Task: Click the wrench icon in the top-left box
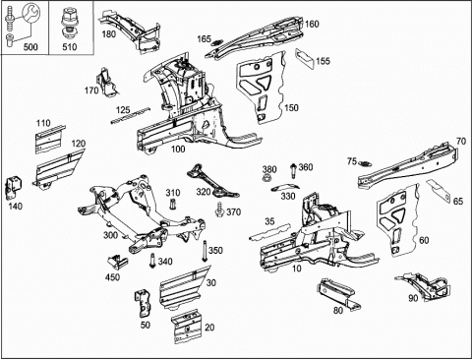coord(30,14)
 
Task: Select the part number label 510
coord(70,47)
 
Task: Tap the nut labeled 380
coord(266,179)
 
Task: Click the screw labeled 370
coord(219,210)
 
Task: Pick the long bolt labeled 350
coord(205,252)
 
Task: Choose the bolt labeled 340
coord(152,261)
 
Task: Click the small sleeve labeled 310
coord(173,204)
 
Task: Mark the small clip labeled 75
coord(364,163)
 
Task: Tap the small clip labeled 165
coord(216,42)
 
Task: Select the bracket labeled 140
coord(13,187)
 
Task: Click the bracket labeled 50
coord(143,303)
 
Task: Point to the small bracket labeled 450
coord(118,262)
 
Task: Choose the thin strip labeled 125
coord(130,115)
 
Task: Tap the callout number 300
coord(111,235)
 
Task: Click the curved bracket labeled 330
coord(285,187)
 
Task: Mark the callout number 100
coord(178,150)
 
